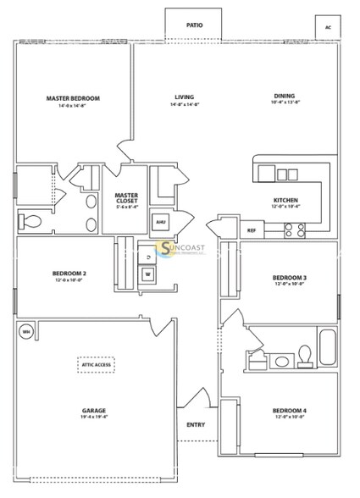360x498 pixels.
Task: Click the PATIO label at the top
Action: point(194,25)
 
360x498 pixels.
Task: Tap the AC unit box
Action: point(327,27)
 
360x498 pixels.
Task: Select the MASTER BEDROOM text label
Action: point(73,99)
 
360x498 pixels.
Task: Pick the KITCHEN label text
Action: point(285,200)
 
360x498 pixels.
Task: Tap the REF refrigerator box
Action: point(252,230)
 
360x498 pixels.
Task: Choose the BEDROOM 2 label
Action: point(69,274)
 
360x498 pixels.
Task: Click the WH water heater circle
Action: point(25,330)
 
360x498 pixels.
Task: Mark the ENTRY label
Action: point(196,424)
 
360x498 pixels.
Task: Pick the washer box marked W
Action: point(147,274)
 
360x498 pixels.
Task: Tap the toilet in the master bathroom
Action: point(29,220)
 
